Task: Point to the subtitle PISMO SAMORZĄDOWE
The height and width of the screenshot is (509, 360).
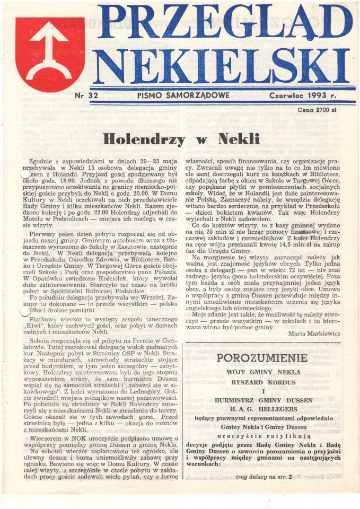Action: pos(183,95)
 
